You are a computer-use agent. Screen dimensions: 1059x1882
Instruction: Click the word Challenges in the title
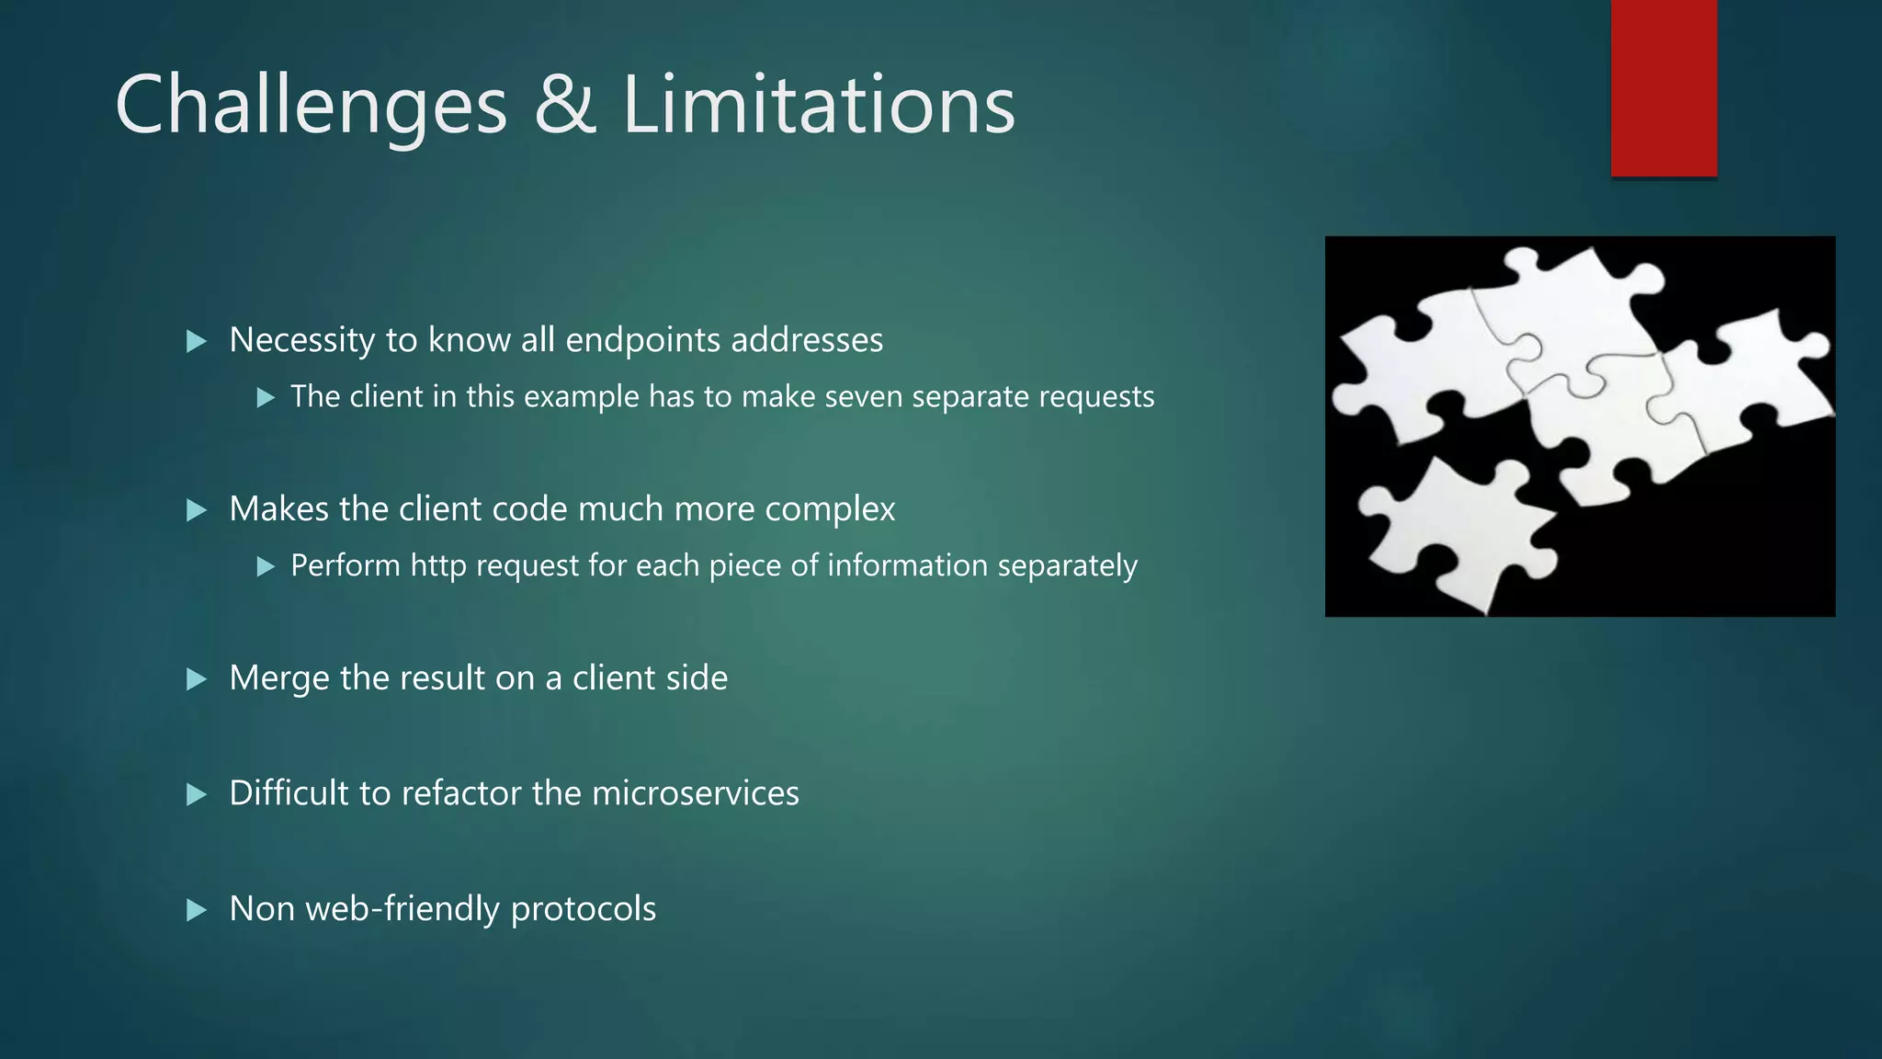[311, 107]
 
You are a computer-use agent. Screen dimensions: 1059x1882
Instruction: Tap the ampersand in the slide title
[564, 105]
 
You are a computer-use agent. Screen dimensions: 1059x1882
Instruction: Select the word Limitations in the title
[819, 105]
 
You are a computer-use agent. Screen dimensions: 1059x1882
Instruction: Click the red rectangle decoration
[1663, 87]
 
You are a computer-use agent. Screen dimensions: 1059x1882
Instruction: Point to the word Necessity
[302, 341]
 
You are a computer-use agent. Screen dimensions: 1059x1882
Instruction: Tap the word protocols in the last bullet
[583, 909]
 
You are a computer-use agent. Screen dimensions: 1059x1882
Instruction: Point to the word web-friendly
[402, 909]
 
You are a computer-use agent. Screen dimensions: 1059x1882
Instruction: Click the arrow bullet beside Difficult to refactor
[197, 794]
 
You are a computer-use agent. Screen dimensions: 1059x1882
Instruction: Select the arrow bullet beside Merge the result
[197, 679]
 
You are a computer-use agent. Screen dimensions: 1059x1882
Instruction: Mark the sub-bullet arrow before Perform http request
[266, 566]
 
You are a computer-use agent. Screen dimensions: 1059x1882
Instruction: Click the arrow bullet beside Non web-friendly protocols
[197, 910]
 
